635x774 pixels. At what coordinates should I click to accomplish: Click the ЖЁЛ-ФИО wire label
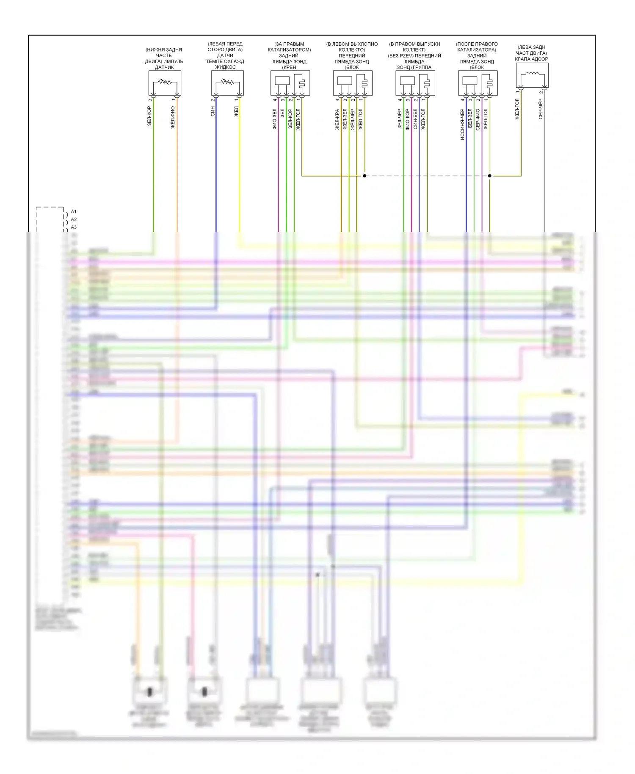[x=173, y=117]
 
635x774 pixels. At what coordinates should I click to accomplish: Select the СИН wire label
[x=213, y=111]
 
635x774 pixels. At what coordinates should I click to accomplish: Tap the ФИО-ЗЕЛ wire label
[x=274, y=118]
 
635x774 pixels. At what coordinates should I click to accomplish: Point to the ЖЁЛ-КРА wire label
[x=337, y=119]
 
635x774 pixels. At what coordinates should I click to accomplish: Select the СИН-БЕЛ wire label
[x=415, y=119]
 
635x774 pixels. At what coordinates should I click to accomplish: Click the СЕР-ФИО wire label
[x=478, y=119]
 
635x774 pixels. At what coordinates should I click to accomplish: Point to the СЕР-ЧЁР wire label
[x=541, y=109]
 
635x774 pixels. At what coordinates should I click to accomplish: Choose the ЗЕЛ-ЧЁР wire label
[x=400, y=119]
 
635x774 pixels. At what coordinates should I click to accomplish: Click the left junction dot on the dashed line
[x=364, y=176]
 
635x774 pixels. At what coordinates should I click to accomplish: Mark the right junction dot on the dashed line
[x=490, y=176]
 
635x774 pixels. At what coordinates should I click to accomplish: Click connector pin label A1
[x=74, y=212]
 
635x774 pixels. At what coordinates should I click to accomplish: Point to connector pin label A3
[x=74, y=227]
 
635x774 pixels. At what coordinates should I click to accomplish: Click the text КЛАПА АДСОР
[x=531, y=59]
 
